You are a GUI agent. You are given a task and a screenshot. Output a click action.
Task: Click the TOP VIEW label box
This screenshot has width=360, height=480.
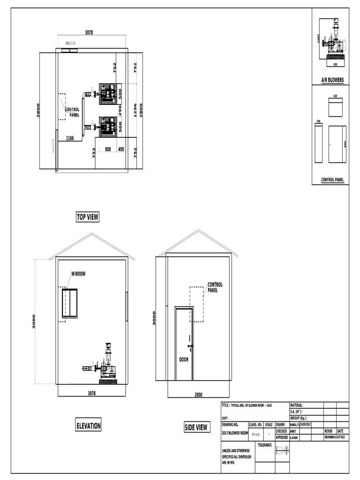[x=88, y=217]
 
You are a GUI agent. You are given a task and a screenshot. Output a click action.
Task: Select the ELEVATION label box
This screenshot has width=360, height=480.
[x=88, y=426]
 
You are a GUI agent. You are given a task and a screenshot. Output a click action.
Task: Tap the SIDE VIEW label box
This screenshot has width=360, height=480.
[x=196, y=427]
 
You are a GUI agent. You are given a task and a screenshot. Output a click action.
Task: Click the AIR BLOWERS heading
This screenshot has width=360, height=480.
[x=332, y=80]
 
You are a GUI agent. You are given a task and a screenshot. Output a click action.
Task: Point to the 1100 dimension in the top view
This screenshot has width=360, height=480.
[x=69, y=138]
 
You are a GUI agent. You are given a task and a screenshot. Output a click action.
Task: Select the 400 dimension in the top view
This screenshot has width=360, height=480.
[x=121, y=149]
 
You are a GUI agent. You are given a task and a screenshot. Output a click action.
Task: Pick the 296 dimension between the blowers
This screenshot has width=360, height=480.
[x=120, y=109]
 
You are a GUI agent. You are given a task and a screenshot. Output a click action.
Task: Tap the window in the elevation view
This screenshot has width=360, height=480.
[x=69, y=303]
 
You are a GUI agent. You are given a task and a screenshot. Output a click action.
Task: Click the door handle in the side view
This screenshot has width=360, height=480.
[x=189, y=347]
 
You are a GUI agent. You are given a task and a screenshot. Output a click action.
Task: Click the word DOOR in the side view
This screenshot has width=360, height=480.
[x=184, y=360]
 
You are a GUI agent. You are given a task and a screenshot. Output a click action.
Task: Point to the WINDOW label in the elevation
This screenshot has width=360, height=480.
[x=78, y=274]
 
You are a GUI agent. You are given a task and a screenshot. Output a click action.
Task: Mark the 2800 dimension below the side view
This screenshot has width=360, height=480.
[x=199, y=395]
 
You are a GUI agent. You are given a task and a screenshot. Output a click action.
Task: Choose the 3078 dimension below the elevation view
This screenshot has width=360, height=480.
[x=92, y=394]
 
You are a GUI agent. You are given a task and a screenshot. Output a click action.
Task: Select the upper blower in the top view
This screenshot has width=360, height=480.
[x=108, y=94]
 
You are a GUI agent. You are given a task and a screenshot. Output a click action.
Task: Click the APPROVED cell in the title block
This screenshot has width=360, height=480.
[x=282, y=437]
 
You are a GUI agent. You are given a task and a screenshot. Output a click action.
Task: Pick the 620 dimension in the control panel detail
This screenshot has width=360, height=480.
[x=336, y=96]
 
